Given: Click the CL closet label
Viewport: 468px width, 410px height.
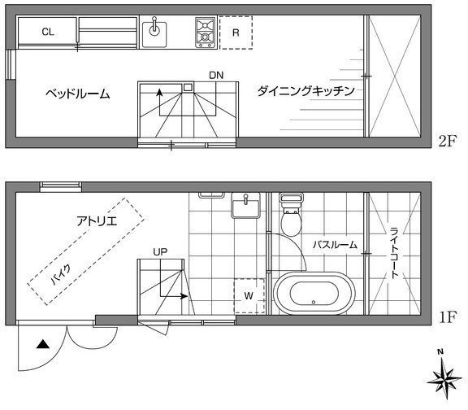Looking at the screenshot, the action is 48,32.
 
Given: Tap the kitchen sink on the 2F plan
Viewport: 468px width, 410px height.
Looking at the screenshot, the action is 154,33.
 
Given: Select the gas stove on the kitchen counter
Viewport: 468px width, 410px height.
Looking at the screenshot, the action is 205,33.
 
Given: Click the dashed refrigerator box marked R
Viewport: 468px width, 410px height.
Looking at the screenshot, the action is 236,33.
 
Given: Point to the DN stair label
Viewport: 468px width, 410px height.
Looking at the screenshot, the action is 216,76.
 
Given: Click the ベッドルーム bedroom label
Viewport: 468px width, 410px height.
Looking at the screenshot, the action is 78,94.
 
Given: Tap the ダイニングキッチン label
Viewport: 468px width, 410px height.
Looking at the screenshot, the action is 306,91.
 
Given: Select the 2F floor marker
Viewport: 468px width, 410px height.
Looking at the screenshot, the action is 448,141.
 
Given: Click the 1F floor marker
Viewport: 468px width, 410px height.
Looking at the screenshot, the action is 448,317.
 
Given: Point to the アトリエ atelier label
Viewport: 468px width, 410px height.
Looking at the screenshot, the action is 97,221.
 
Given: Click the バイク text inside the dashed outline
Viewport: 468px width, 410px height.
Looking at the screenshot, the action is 61,274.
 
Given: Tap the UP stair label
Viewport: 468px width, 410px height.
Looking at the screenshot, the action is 160,252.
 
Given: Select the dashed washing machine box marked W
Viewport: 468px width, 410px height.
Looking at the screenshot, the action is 249,296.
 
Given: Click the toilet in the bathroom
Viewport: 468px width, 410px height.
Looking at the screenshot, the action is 291,214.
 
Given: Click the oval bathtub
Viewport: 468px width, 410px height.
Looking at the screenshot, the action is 314,293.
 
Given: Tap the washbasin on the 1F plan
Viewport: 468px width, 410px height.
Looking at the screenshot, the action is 245,205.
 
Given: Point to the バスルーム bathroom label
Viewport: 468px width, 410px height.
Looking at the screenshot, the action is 336,245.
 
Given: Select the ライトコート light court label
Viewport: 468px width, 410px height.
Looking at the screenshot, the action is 395,253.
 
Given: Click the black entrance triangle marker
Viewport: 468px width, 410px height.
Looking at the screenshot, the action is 43,345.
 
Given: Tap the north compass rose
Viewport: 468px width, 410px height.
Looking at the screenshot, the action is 444,377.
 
